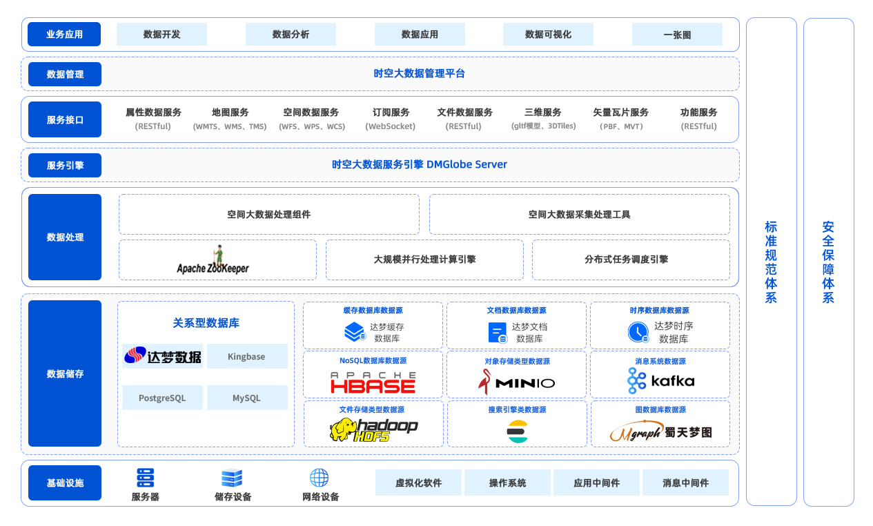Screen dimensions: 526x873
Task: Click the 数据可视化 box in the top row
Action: pyautogui.click(x=548, y=34)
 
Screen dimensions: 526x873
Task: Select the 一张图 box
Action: pyautogui.click(x=677, y=34)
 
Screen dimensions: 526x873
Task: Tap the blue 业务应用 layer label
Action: pyautogui.click(x=65, y=34)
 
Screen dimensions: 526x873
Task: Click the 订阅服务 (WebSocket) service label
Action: pyautogui.click(x=391, y=119)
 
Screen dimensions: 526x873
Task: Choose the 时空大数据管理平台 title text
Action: pyautogui.click(x=420, y=73)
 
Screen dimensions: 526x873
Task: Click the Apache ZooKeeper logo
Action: pyautogui.click(x=213, y=260)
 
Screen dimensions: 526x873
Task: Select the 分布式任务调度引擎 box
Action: pyautogui.click(x=631, y=260)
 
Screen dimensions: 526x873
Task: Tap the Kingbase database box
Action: pyautogui.click(x=246, y=356)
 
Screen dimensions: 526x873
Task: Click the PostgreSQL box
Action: pyautogui.click(x=162, y=398)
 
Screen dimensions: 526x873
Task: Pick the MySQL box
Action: pyautogui.click(x=246, y=398)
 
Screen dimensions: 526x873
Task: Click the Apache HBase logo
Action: pyautogui.click(x=373, y=382)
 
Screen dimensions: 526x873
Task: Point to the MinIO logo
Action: pyautogui.click(x=516, y=382)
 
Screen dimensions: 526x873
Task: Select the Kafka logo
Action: pyautogui.click(x=660, y=380)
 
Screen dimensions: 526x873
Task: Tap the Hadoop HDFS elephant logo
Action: pyautogui.click(x=373, y=429)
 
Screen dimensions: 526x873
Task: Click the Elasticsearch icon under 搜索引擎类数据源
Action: pyautogui.click(x=517, y=431)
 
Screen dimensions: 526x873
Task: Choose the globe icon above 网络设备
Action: pyautogui.click(x=319, y=478)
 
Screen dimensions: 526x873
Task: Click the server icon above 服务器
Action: pyautogui.click(x=145, y=478)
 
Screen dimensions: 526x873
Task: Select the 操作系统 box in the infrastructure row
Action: pyautogui.click(x=507, y=483)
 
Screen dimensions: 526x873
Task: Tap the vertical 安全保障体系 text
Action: pyautogui.click(x=828, y=262)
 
